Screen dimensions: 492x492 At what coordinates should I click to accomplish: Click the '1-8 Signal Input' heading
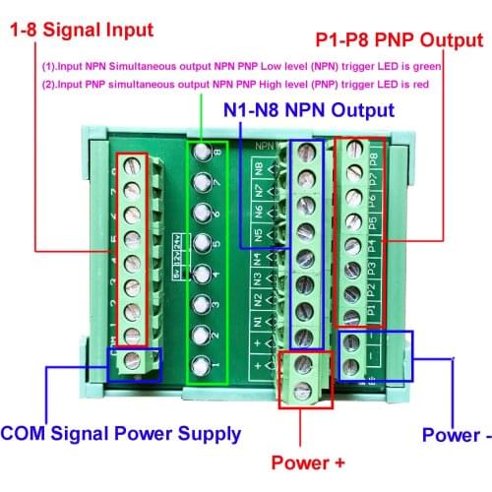tap(83, 30)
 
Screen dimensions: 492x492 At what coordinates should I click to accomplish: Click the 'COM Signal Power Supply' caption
tap(120, 433)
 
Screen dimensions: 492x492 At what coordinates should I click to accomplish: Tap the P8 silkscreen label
tap(374, 160)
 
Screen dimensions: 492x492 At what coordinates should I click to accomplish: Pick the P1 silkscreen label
tap(373, 311)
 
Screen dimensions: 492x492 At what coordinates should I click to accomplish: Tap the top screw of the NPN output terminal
tap(307, 154)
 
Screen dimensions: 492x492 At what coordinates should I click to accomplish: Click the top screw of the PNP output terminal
tap(350, 152)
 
